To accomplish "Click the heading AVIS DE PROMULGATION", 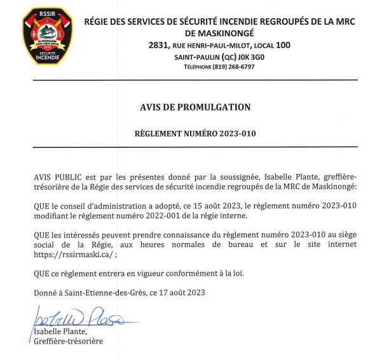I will coord(195,107).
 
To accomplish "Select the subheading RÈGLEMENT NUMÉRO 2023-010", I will coord(195,134).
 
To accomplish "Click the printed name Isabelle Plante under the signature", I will coord(60,332).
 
